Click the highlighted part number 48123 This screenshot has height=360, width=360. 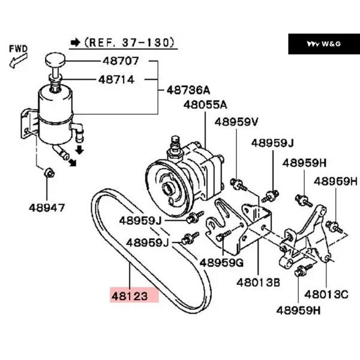(x=130, y=296)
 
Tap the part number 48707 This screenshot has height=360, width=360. (x=121, y=61)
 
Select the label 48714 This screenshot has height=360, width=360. (x=116, y=80)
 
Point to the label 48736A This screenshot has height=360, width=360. (x=188, y=90)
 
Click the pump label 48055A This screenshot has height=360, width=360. (x=205, y=105)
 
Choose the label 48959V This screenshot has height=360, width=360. (x=236, y=122)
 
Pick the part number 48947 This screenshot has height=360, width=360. (x=47, y=208)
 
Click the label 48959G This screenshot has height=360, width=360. (x=221, y=263)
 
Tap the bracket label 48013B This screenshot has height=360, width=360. (x=258, y=283)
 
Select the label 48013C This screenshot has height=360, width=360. (x=326, y=294)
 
